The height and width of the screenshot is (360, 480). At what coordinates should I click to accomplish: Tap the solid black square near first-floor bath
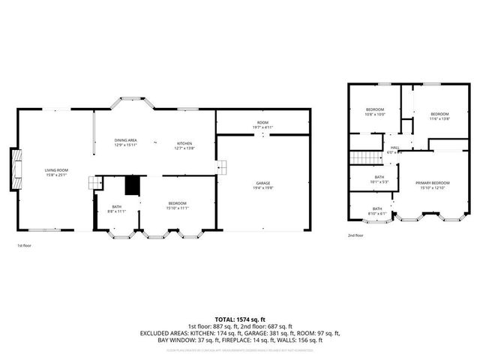point(133,185)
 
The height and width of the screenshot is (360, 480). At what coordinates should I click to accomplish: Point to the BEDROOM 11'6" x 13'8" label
point(439,116)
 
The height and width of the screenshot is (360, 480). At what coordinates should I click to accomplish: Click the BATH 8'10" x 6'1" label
point(376,211)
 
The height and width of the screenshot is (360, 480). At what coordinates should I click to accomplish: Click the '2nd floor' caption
point(355,235)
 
